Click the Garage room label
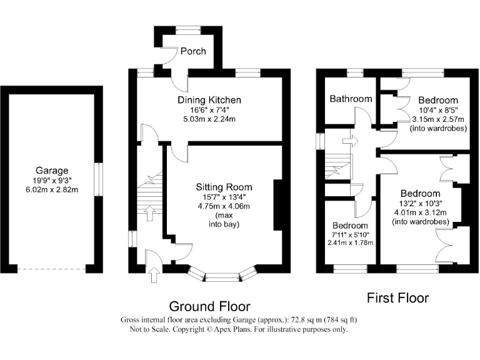pos(52,169)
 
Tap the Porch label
pos(193,51)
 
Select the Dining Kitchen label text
pos(209,100)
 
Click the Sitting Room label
pos(224,187)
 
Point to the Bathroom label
pos(351,99)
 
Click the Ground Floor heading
pos(210,306)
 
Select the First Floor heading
pos(397,298)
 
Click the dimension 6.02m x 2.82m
pos(52,189)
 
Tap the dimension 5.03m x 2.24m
pos(209,119)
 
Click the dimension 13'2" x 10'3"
pos(421,203)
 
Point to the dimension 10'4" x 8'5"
pos(437,110)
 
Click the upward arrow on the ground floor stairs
pos(149,215)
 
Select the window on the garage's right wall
pos(97,179)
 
